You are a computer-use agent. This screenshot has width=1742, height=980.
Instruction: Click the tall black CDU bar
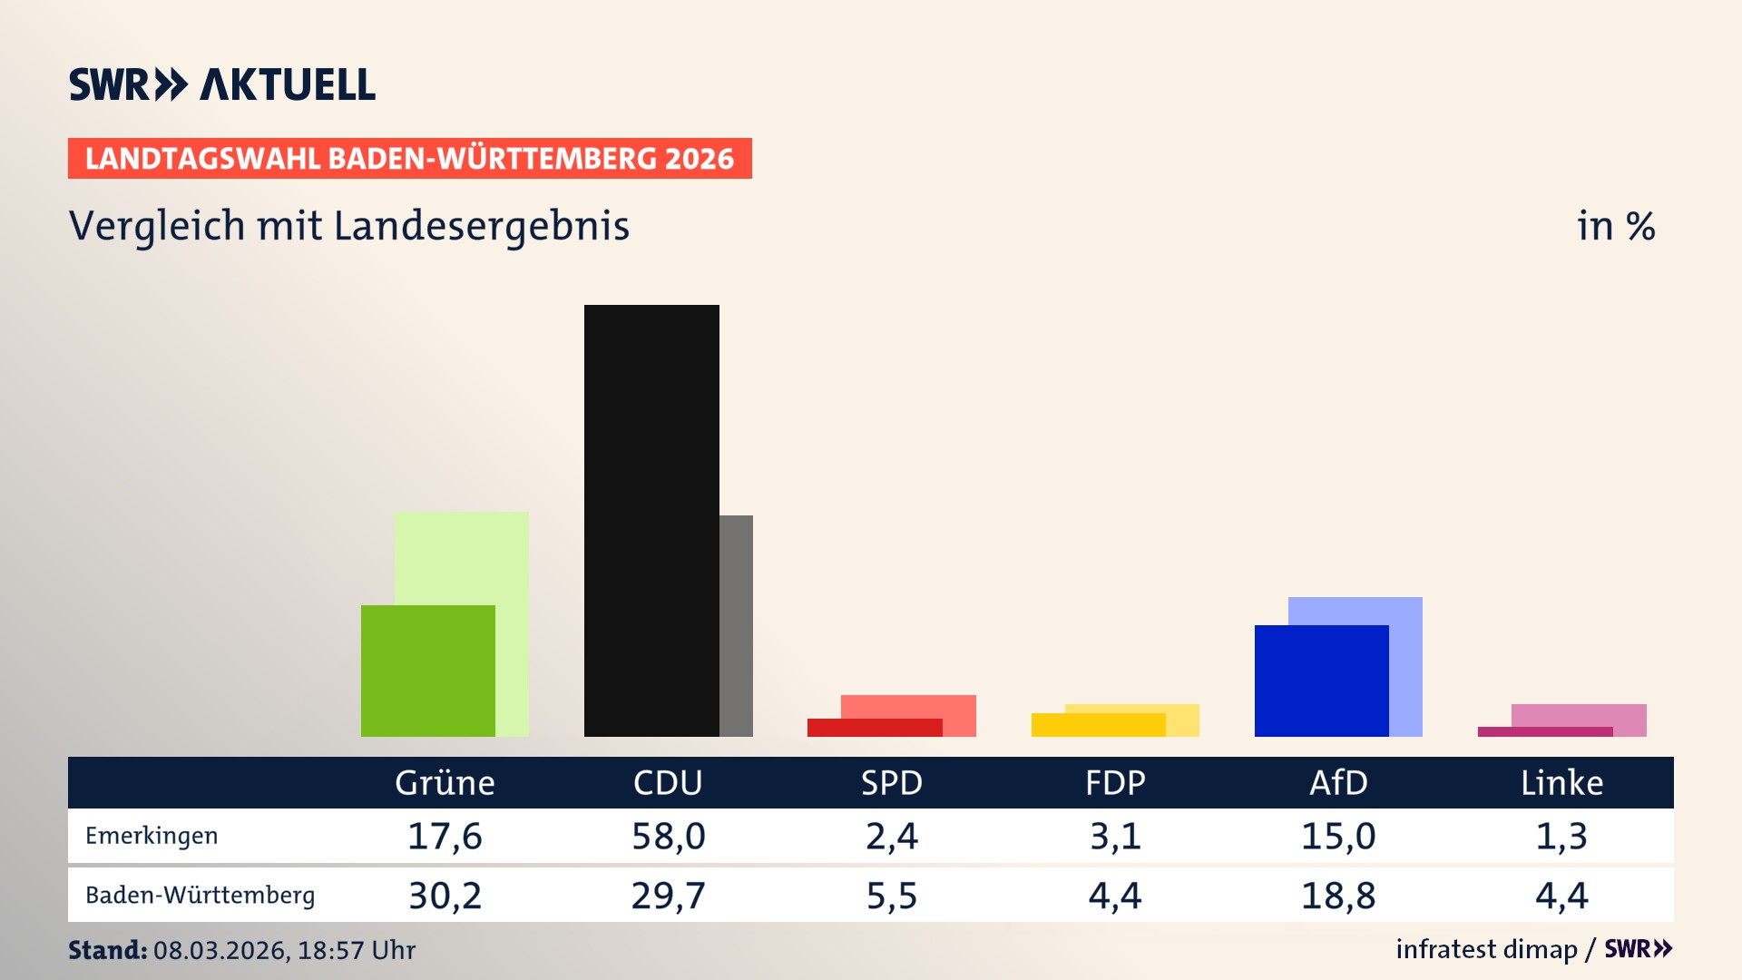point(651,520)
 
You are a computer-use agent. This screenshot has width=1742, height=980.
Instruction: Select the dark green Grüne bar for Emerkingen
point(427,671)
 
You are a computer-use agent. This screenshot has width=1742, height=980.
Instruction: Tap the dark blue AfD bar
point(1321,681)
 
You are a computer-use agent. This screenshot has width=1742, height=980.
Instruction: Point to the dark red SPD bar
point(874,728)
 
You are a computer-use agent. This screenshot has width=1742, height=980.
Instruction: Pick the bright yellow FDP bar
point(1098,725)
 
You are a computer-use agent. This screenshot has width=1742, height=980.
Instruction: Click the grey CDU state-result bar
point(736,626)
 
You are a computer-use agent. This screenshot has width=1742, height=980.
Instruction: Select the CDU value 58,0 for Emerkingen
point(668,836)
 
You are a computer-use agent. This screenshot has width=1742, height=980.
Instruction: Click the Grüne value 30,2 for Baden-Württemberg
point(445,896)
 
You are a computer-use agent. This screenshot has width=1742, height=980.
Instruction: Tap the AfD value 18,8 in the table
point(1338,896)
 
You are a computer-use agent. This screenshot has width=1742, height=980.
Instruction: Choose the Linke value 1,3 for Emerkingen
point(1561,836)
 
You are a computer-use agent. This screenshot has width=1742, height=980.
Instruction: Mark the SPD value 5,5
point(891,896)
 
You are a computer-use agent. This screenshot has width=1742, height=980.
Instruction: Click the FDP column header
point(1115,782)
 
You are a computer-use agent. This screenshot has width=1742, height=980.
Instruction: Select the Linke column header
point(1561,782)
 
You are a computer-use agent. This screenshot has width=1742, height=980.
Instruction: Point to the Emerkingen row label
point(152,836)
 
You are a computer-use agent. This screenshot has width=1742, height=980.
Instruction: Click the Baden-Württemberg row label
point(200,896)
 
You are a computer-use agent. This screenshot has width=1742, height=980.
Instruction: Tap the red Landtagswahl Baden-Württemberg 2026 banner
point(409,158)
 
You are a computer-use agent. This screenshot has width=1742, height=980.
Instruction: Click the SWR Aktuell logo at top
point(222,84)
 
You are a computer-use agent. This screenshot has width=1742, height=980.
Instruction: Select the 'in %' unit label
point(1615,226)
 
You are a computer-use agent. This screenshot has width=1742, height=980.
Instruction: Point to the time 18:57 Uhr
point(356,950)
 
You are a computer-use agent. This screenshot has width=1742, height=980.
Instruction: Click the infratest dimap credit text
point(1486,949)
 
